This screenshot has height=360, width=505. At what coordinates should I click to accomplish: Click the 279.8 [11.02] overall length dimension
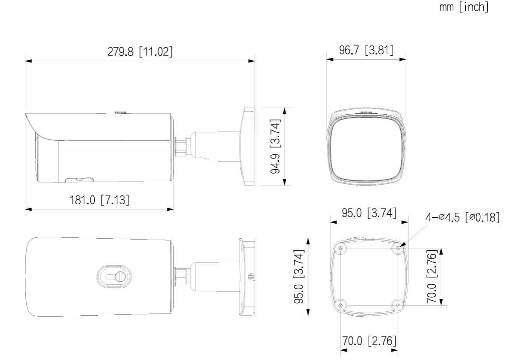click(140, 51)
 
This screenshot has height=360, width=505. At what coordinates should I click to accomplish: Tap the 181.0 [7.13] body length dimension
click(100, 200)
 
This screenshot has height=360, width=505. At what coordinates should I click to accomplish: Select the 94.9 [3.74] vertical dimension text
click(276, 147)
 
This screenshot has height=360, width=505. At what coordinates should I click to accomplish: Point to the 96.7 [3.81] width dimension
click(366, 50)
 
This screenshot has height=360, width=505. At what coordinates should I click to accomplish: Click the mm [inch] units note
click(464, 7)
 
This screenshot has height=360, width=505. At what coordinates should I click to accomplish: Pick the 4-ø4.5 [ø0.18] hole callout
click(463, 217)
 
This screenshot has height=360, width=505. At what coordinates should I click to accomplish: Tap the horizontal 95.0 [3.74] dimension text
click(369, 213)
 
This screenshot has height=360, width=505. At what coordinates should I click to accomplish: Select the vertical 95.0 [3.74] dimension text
click(299, 276)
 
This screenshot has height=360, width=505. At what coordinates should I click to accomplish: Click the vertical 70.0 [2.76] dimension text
click(432, 276)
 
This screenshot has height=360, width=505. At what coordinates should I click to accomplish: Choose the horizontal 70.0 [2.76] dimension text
click(369, 341)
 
